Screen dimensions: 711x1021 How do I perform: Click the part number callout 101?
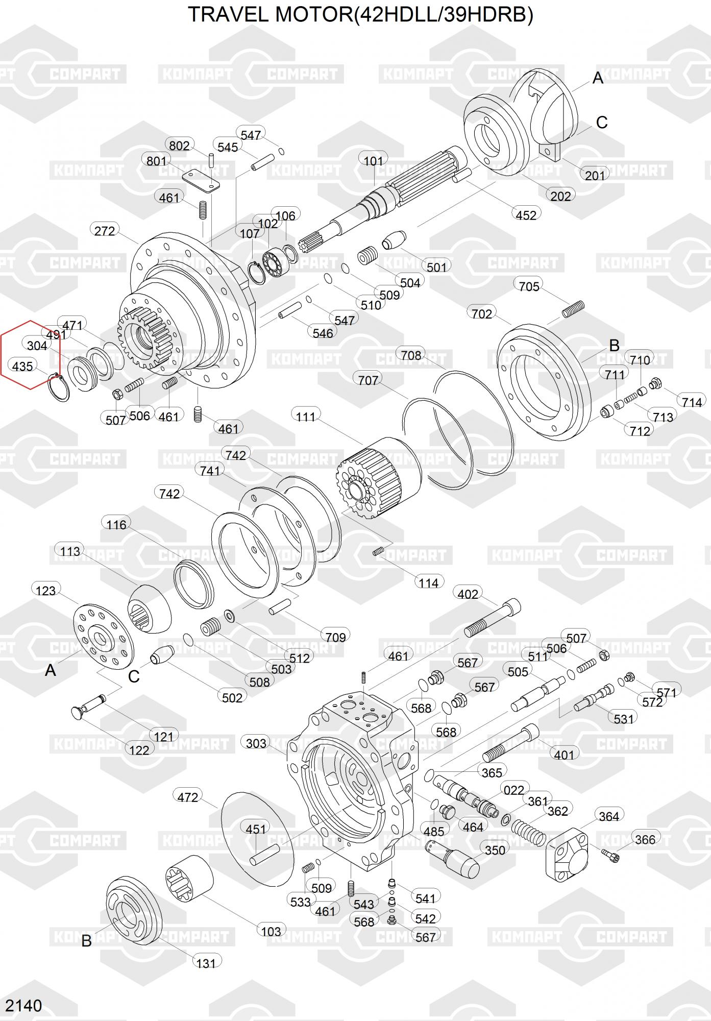point(373,161)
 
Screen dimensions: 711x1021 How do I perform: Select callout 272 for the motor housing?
point(105,231)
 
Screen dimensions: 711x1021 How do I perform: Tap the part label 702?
point(482,313)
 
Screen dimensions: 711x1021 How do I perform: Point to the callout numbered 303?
point(256,743)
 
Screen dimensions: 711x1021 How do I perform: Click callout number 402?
point(468,594)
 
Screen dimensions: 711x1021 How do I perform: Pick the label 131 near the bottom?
point(206,963)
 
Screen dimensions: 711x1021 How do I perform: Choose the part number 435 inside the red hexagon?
point(22,366)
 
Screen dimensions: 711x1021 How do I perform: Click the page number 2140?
point(24,1006)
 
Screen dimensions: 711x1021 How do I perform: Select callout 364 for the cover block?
point(609,816)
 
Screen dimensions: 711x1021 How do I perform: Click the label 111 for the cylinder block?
point(306,417)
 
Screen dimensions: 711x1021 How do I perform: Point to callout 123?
point(46,591)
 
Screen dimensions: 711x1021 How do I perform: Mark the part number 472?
point(188,796)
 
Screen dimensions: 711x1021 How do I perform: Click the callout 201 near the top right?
point(595,175)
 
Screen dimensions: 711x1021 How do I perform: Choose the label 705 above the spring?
point(529,286)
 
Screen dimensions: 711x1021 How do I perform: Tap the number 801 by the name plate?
point(156,161)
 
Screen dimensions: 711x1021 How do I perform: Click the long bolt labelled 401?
point(511,744)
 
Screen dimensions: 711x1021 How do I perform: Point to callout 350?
point(495,850)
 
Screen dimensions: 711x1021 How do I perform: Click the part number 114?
point(429,582)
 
